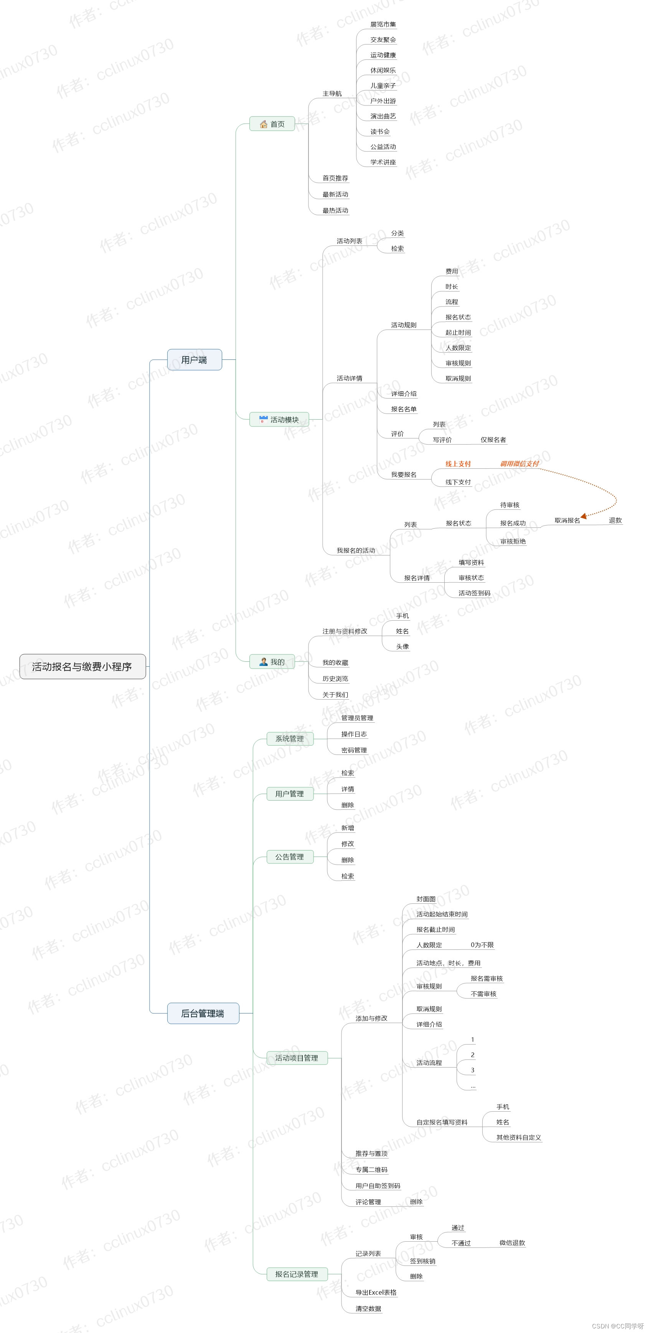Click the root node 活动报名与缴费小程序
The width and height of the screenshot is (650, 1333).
point(82,667)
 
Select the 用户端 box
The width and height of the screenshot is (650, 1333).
point(194,360)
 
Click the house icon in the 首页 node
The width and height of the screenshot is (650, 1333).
point(264,124)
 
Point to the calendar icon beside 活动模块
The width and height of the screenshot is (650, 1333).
point(264,419)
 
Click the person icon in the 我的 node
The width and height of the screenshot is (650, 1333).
point(264,662)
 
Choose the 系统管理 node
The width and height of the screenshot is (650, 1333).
point(289,738)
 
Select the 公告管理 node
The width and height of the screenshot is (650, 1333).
point(289,857)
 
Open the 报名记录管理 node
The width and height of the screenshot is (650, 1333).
point(297,1274)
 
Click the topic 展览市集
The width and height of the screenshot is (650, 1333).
point(383,24)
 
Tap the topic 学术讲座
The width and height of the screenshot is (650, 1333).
point(383,162)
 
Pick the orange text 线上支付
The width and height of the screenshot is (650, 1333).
point(458,464)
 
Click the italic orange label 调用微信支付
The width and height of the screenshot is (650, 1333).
point(519,464)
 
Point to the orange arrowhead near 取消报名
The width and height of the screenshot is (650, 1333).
point(584,516)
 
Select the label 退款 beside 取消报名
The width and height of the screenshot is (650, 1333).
point(615,520)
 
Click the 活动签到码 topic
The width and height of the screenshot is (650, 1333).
point(474,593)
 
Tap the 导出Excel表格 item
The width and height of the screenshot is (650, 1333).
point(376,1292)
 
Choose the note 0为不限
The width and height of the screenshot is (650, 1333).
point(482,945)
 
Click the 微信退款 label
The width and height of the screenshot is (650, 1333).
point(512,1243)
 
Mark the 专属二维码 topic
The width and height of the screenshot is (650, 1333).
point(371,1170)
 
